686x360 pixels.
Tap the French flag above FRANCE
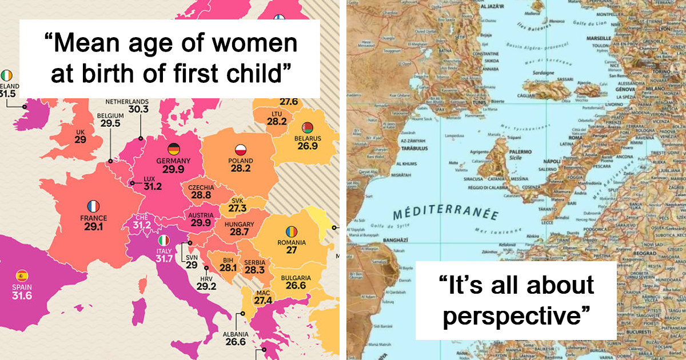coord(93,206)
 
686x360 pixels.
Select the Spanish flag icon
coord(22,275)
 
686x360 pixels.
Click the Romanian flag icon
coord(292,231)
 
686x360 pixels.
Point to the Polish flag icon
coord(241,150)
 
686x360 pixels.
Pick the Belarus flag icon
coord(308,127)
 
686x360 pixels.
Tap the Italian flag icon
coord(164,241)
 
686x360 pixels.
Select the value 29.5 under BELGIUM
coord(110,123)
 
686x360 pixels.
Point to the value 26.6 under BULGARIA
coord(296,286)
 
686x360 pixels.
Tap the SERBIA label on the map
coord(254,262)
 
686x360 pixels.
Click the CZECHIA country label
coord(201,187)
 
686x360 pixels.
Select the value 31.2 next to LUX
coord(153,186)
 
